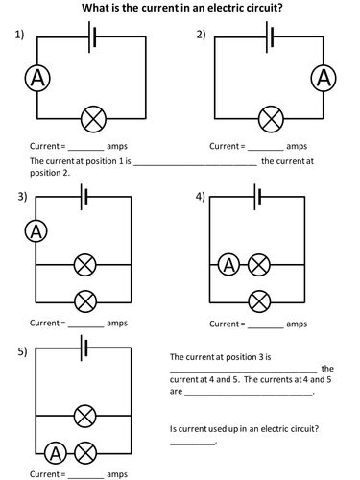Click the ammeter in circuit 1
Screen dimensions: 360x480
37,79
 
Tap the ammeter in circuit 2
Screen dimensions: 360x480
324,79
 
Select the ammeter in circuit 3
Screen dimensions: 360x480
36,232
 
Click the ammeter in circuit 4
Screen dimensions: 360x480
228,265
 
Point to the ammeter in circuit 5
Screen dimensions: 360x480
56,453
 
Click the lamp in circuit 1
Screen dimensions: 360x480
93,119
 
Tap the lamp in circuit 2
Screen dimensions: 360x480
271,119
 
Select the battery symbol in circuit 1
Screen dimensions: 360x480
92,36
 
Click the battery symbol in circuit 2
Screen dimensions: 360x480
270,36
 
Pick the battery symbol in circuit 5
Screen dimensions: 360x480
84,348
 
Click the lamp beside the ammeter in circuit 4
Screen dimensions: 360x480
259,265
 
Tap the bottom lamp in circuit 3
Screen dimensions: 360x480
85,301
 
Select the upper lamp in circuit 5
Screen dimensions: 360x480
85,416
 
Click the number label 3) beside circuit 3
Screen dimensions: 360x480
22,196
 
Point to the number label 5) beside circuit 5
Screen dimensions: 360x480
22,351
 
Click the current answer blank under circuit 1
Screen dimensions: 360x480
86,150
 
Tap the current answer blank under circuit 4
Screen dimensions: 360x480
266,327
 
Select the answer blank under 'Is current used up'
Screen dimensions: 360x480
192,444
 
